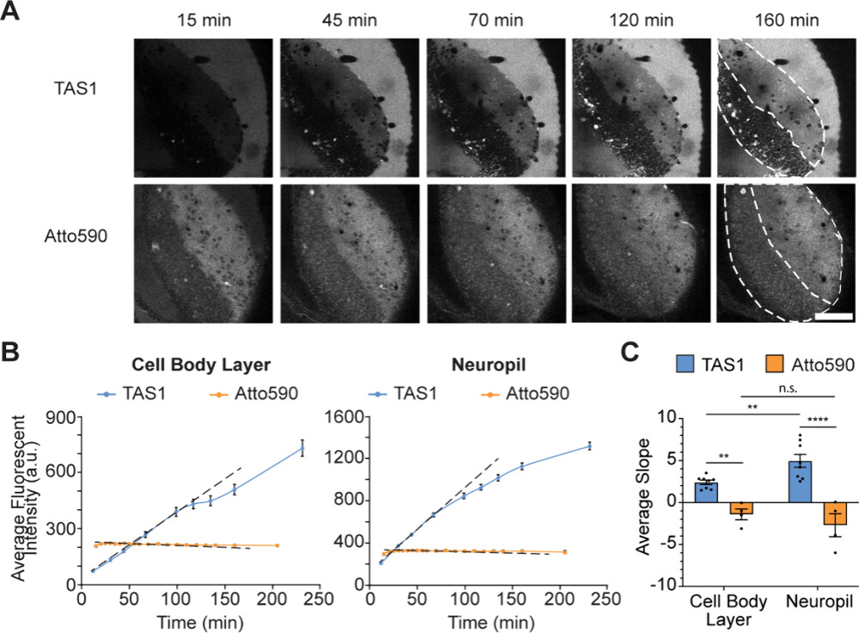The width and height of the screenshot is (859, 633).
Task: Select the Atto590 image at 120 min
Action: pos(640,252)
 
